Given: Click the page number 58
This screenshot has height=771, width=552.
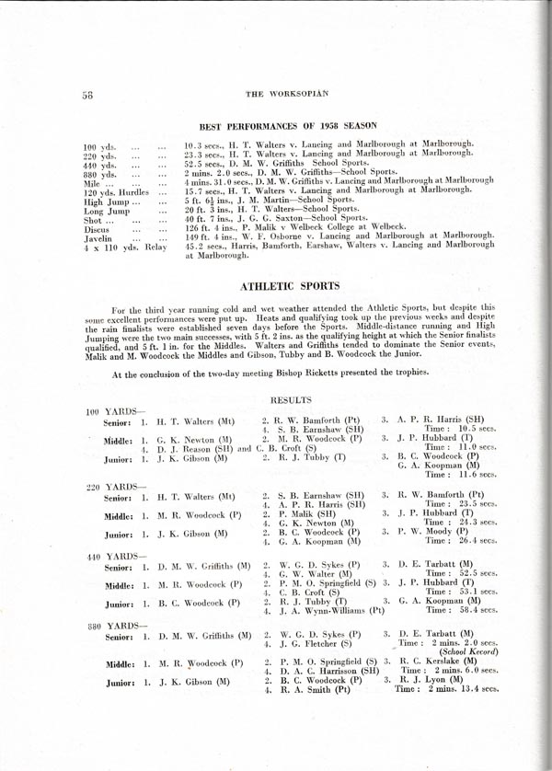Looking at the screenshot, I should (x=89, y=94).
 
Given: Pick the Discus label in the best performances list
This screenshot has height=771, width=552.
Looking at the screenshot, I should (x=98, y=227).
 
